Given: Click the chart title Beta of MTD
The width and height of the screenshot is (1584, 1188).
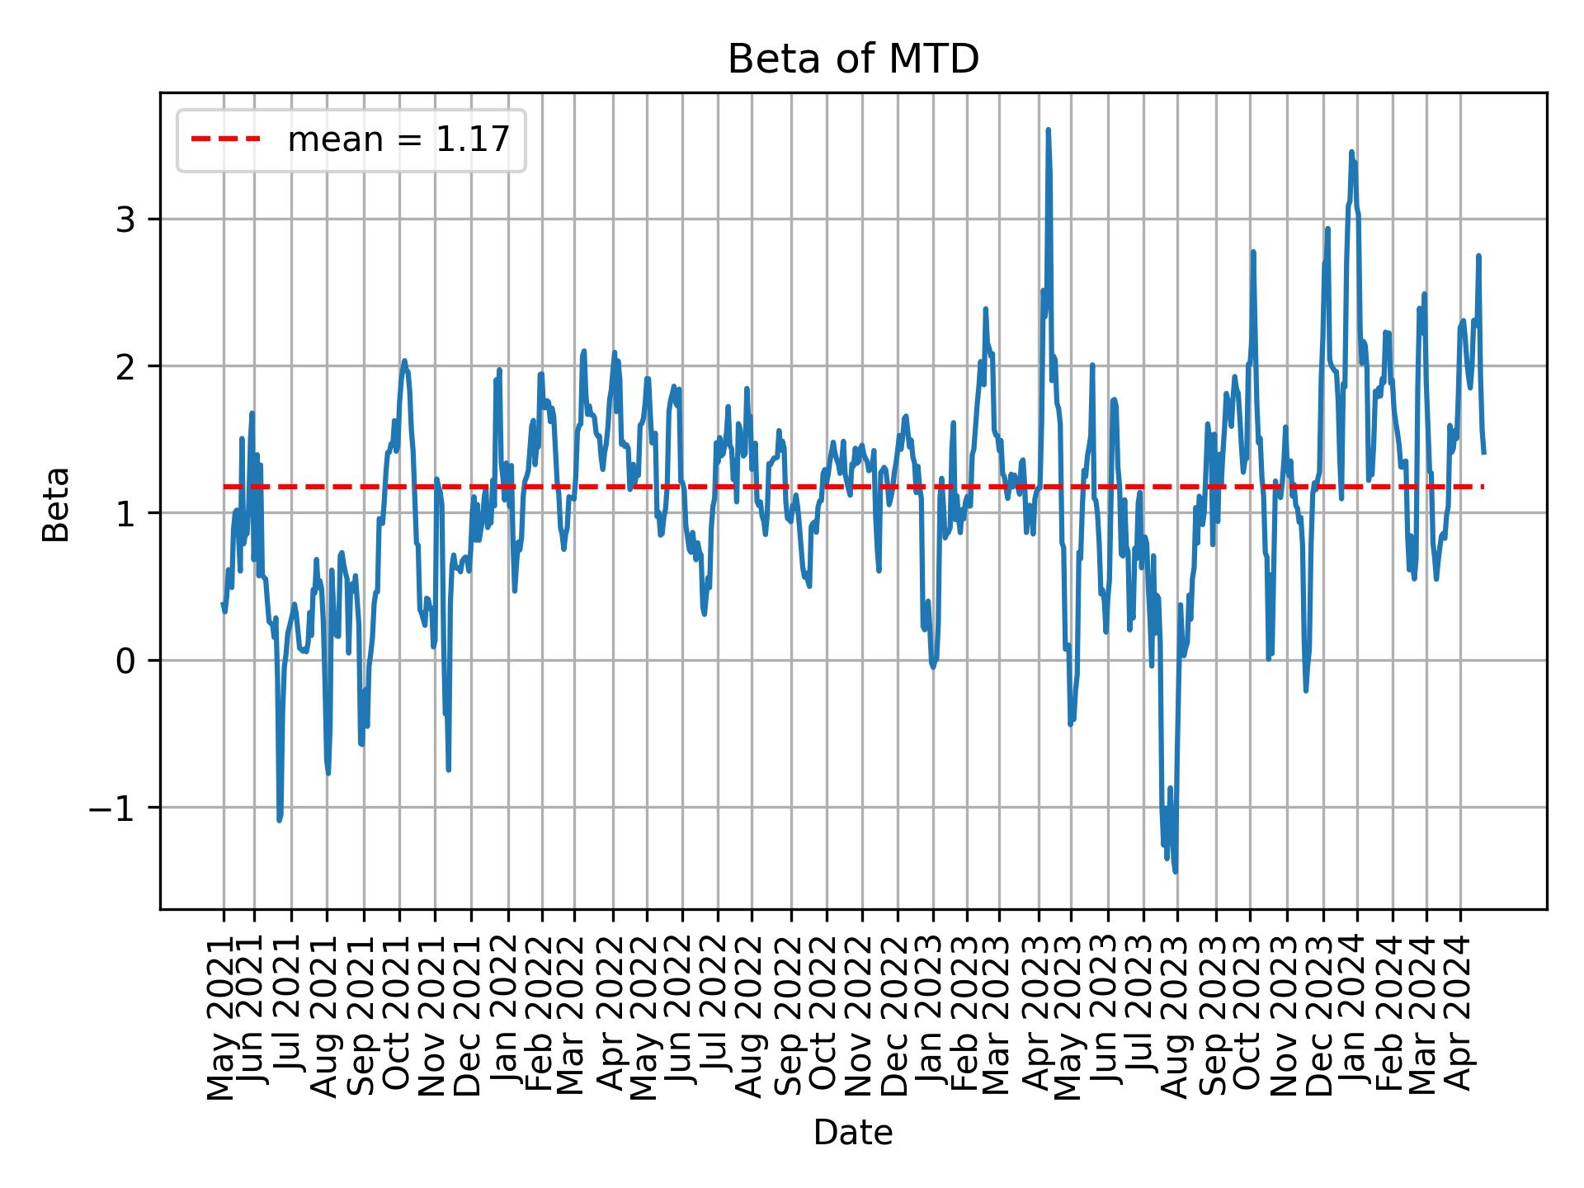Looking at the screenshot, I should pyautogui.click(x=853, y=59).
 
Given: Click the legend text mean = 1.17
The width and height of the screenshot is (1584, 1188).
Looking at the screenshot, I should pyautogui.click(x=398, y=140).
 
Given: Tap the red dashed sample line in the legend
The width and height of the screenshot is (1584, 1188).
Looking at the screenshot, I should pyautogui.click(x=226, y=140).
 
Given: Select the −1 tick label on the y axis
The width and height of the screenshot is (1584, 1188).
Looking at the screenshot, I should pyautogui.click(x=111, y=808).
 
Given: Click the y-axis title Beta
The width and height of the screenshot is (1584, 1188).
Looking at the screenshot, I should pyautogui.click(x=56, y=504).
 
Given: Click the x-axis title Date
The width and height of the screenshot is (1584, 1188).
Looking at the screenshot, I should pyautogui.click(x=853, y=1133).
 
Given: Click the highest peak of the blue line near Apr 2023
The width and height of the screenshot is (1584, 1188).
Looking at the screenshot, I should pyautogui.click(x=1048, y=130).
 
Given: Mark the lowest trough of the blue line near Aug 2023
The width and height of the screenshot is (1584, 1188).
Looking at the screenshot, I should pyautogui.click(x=1175, y=871).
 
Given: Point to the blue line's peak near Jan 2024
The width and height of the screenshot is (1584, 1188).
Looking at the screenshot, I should pyautogui.click(x=1351, y=153).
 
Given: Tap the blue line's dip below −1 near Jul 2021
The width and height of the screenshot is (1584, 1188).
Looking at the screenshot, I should pyautogui.click(x=280, y=820).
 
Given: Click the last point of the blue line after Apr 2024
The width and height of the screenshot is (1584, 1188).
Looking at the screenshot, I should pyautogui.click(x=1483, y=452).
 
